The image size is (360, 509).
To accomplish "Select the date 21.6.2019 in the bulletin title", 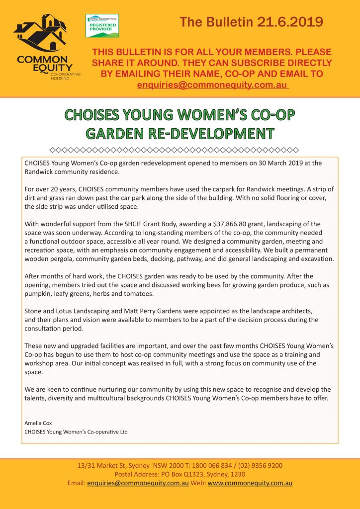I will [290, 22].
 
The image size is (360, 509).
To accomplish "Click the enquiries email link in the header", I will [212, 85].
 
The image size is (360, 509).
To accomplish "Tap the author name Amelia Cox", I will [38, 423].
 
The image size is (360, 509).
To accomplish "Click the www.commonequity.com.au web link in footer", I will [250, 483].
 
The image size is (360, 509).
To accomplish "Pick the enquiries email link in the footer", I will [138, 483].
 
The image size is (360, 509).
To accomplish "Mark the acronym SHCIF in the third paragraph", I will [125, 224].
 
